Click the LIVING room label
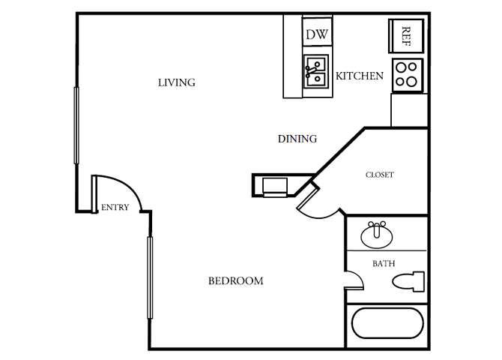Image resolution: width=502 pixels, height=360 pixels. pos(176,82)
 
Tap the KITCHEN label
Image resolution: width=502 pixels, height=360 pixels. pos(360,76)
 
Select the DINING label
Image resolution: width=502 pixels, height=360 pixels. pos(297,139)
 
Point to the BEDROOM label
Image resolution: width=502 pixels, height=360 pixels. pos(235,281)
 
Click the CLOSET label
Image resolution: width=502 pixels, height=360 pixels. pos(379,175)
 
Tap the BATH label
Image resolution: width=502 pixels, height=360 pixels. pos(384,263)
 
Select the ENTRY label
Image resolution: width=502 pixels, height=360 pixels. pos(115,208)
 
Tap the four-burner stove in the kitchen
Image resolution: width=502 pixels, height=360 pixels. pos(407,75)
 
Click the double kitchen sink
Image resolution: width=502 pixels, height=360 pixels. pos(315,71)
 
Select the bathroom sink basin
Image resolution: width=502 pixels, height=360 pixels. pos(377,236)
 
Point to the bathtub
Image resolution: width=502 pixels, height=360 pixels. pos(387,323)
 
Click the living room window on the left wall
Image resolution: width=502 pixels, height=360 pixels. pos(76,125)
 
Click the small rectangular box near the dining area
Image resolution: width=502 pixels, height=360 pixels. pos(273,184)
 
